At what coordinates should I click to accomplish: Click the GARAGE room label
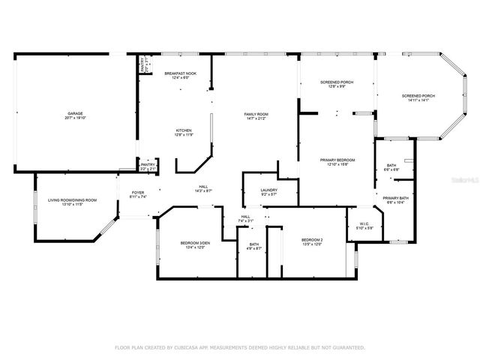point(75,113)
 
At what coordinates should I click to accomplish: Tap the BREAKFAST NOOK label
point(180,73)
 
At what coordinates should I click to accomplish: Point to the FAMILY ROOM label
point(256,114)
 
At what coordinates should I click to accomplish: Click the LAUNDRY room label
point(268,190)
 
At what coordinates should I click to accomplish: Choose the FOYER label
point(138,192)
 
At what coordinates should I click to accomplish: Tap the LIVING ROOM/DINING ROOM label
point(73,199)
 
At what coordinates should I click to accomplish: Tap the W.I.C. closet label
point(362,223)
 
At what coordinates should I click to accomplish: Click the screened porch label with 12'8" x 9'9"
point(336,82)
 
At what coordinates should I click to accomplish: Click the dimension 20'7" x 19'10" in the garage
point(75,118)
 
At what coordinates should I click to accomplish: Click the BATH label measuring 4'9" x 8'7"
point(254,244)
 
